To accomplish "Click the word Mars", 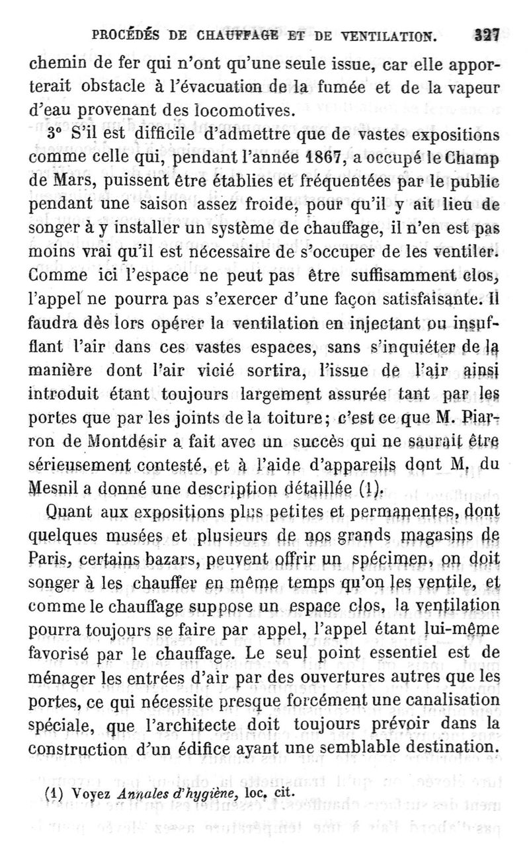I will [x=65, y=182].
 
